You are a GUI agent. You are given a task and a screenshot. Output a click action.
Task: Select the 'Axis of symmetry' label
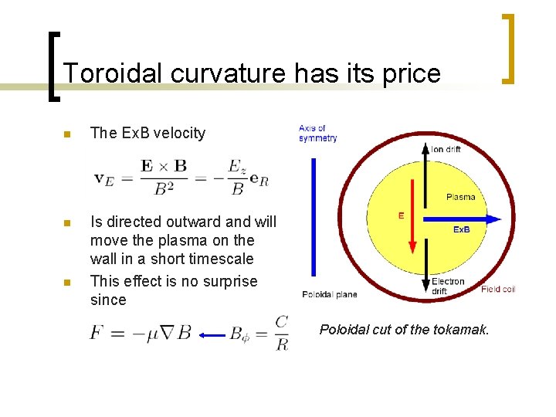(x=317, y=133)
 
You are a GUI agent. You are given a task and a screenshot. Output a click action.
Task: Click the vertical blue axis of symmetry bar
(x=313, y=217)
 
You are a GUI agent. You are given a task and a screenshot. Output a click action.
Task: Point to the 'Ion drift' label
(x=446, y=148)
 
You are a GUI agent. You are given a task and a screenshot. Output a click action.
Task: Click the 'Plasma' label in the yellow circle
(x=460, y=197)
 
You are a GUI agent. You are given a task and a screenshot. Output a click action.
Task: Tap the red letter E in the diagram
(x=400, y=216)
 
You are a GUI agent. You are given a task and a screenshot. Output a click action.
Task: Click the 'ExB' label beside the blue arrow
(x=462, y=229)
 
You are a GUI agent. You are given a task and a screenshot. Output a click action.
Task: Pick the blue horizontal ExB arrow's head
(x=493, y=219)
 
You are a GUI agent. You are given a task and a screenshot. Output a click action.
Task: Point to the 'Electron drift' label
(x=448, y=286)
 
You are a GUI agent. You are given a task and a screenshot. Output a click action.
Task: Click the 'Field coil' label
(x=497, y=290)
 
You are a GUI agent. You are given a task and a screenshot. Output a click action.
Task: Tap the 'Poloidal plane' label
(x=330, y=294)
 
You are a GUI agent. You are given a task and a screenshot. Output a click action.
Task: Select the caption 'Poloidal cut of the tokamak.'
(x=404, y=330)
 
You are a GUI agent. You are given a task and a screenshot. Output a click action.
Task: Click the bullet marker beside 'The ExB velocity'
(x=66, y=134)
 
